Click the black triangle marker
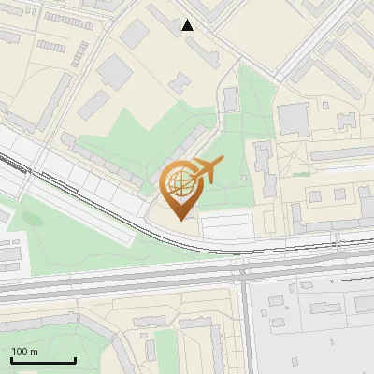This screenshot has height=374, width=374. coord(188,25)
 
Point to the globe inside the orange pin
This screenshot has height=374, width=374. coord(179,183)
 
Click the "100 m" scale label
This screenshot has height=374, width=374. coord(24,352)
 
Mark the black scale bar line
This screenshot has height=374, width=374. coord(43,361)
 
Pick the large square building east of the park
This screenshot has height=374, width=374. coord(293,119)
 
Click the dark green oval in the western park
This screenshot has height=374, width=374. coord(33,220)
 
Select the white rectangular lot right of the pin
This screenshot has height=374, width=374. coord(227,225)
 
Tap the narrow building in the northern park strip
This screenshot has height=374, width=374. coord(230,99)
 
